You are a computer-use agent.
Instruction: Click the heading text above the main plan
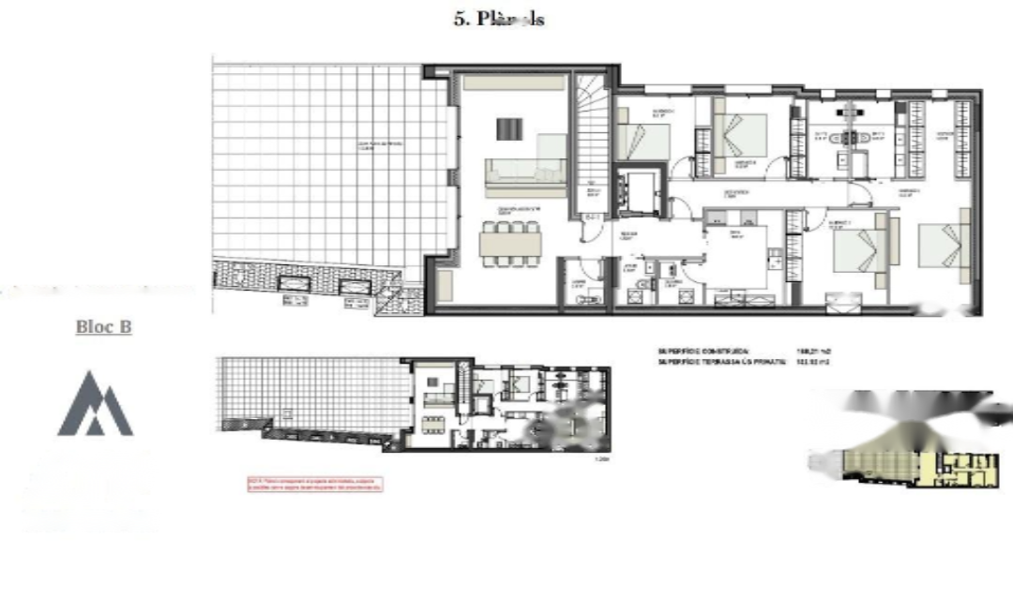[499, 19]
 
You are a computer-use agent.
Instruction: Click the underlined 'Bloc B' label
[103, 327]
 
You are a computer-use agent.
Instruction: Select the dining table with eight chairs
[509, 243]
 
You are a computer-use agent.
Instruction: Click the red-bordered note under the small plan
[315, 484]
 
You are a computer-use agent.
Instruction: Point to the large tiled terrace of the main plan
[328, 159]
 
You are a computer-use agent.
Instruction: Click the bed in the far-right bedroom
[941, 246]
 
